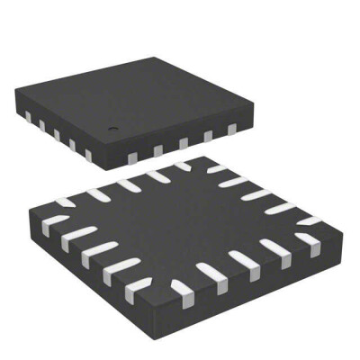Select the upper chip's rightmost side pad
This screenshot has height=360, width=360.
tap(233, 130)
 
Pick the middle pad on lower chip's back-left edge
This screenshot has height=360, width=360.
tap(125, 184)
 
